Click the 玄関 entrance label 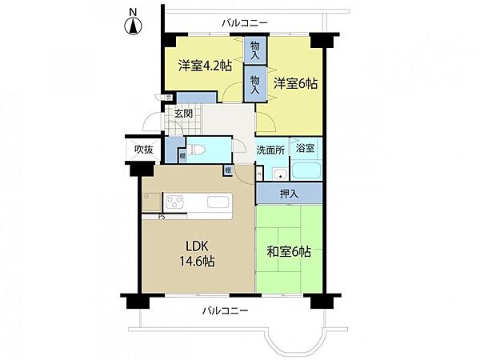pyautogui.click(x=183, y=114)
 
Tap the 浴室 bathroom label pyautogui.click(x=305, y=147)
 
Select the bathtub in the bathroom pyautogui.click(x=306, y=170)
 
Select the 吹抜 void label pyautogui.click(x=143, y=149)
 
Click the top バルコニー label pyautogui.click(x=245, y=22)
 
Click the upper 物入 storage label pyautogui.click(x=255, y=52)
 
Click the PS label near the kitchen pyautogui.click(x=162, y=216)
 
